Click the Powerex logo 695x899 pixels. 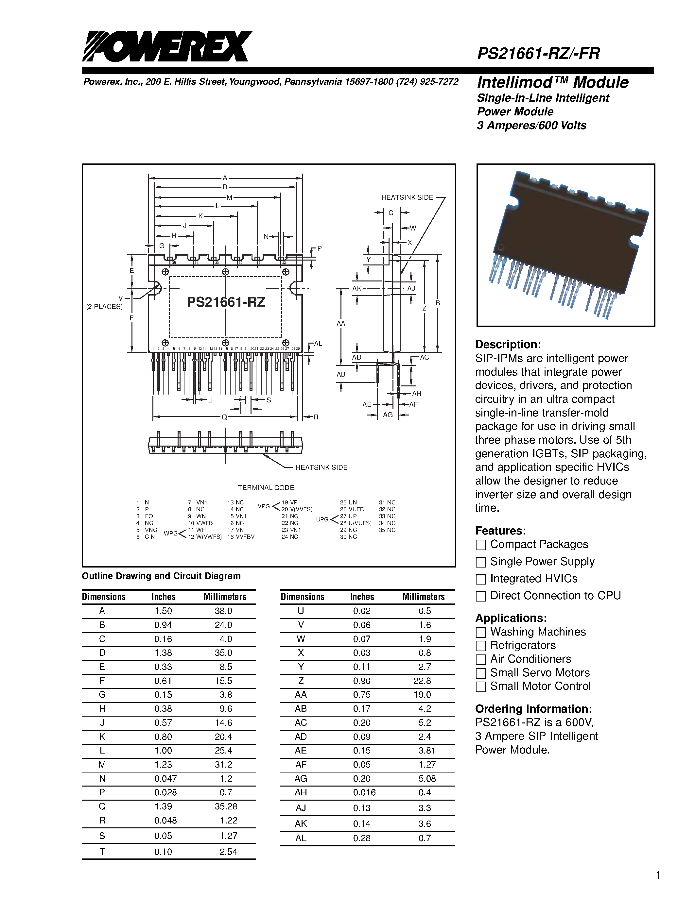coord(167,46)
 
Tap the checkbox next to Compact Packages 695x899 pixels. coord(480,545)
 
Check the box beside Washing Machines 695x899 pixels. coord(480,632)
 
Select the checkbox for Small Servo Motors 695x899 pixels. coord(480,673)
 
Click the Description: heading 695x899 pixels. coord(508,344)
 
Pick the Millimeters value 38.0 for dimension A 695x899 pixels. coord(223,611)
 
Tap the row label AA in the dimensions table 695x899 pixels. coord(301,695)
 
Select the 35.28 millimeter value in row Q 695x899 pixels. coord(226,806)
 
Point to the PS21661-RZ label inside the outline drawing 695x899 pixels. coord(226,302)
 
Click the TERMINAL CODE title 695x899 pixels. coord(266,488)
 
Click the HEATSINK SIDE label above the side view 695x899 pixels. coord(407,197)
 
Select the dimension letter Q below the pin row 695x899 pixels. coord(224,417)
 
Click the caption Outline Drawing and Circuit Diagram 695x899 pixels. coord(161,576)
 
